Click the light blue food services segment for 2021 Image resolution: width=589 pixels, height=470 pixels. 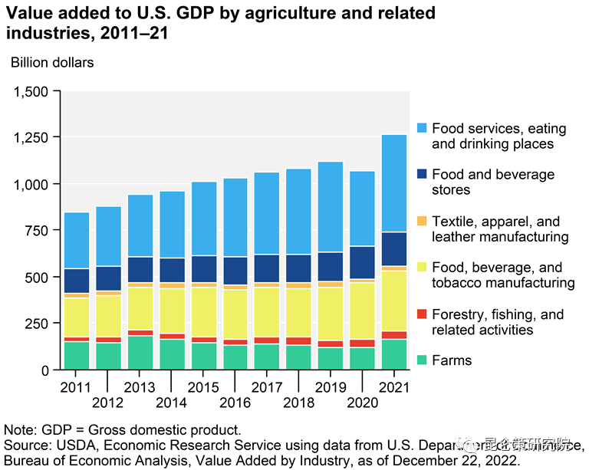[394, 183]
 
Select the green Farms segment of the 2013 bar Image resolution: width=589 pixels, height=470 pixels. [140, 353]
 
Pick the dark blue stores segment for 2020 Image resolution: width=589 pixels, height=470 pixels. [362, 262]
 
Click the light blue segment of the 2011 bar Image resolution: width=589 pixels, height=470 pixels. [77, 240]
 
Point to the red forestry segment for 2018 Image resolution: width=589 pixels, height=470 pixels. [298, 341]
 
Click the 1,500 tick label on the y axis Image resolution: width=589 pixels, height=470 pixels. [31, 92]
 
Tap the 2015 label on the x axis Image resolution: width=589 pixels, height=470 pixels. [203, 386]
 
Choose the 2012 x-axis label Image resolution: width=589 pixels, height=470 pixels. [107, 403]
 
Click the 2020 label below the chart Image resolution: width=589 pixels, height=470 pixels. [362, 403]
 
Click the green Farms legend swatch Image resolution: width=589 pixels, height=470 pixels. [421, 360]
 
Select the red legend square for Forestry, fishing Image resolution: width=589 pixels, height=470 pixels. [421, 314]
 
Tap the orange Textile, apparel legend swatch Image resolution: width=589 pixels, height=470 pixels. [421, 221]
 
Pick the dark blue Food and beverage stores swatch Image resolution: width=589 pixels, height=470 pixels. [421, 174]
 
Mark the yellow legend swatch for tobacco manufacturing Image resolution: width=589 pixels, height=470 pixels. [421, 268]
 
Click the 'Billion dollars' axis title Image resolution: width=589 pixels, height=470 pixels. [52, 62]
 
